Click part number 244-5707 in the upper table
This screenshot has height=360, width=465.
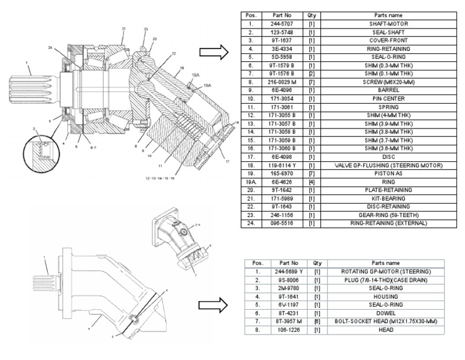(x=282, y=24)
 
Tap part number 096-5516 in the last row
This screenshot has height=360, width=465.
(x=282, y=223)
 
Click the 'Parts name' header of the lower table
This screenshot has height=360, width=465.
(x=384, y=264)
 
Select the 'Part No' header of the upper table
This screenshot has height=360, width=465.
(x=282, y=15)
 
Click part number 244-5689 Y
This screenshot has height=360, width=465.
(x=286, y=272)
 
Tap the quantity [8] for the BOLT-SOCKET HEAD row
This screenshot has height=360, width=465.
(x=317, y=321)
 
